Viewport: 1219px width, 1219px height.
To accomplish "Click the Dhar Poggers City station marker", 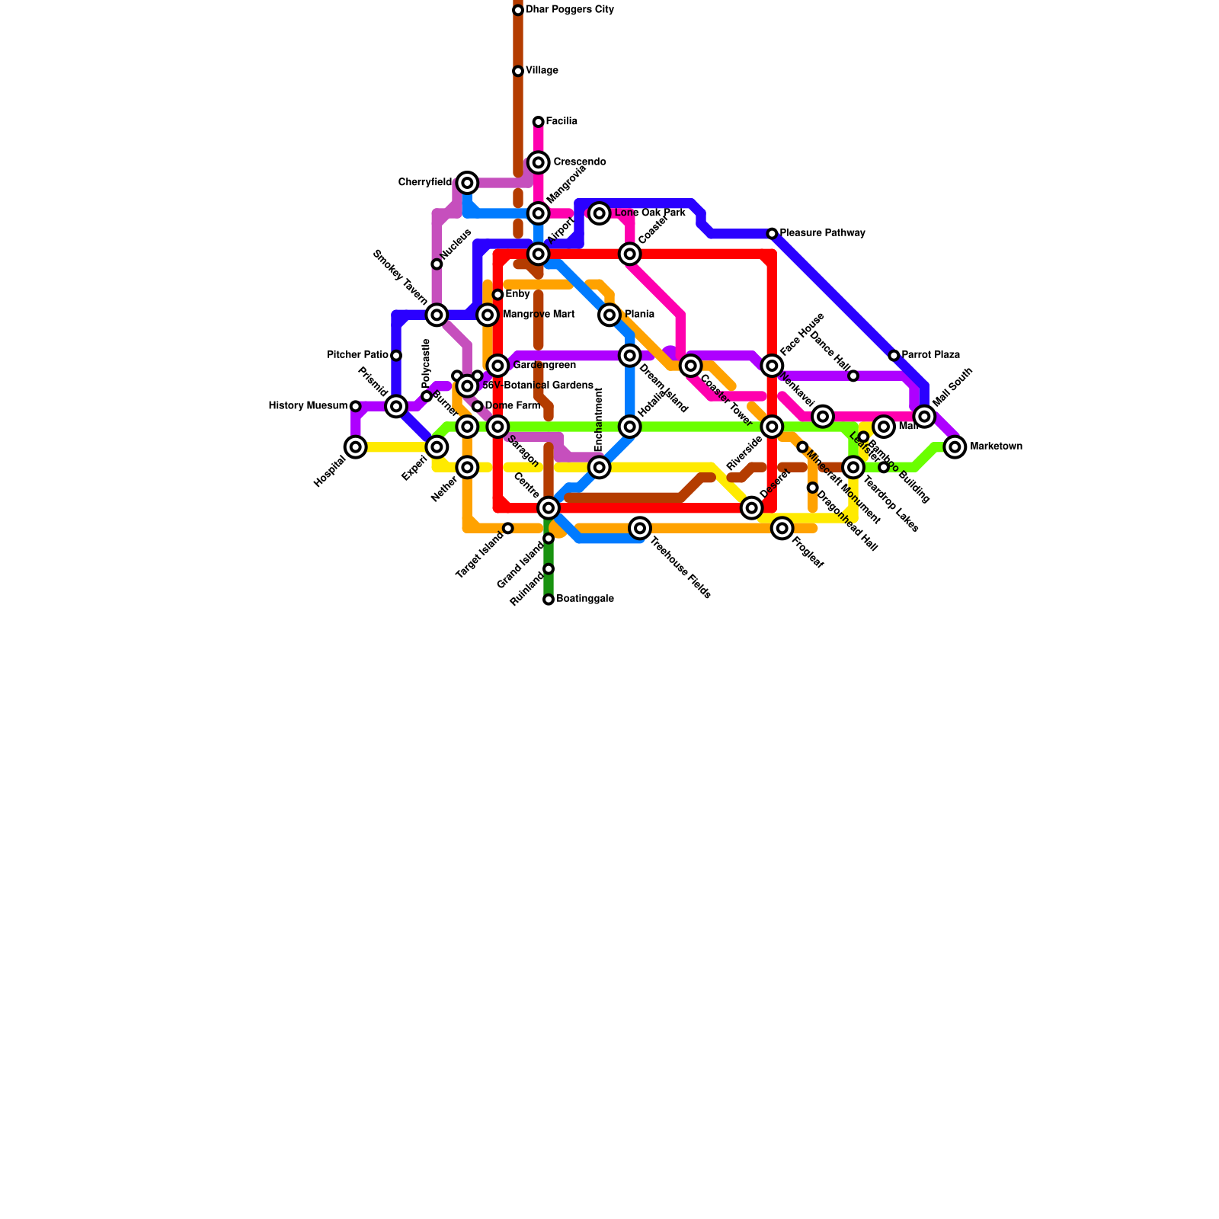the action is (x=518, y=10).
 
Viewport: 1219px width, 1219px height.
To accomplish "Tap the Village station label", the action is (x=542, y=71).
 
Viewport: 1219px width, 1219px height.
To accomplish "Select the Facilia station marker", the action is (x=539, y=122).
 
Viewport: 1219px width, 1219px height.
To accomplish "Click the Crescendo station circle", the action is (x=539, y=162).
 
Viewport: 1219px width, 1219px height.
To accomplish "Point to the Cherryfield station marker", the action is (x=468, y=183).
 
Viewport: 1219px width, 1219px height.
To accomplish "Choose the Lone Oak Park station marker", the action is (x=600, y=213).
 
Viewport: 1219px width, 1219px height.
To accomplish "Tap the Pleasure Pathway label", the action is (x=822, y=233).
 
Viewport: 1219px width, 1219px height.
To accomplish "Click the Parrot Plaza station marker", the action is (x=894, y=356).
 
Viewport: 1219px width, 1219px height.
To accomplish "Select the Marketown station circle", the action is (x=955, y=447).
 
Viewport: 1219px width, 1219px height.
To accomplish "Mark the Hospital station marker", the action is (x=356, y=447).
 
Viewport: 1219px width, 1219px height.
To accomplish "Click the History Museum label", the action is (x=308, y=406).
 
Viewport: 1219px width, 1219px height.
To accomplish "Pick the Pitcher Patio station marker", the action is (x=396, y=356).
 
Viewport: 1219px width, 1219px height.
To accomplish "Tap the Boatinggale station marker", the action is (x=549, y=600).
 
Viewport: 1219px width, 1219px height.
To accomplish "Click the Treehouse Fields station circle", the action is (x=641, y=528).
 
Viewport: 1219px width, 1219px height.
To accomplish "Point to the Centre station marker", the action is (x=549, y=507).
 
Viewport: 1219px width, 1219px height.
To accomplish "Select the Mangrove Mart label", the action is (x=539, y=315).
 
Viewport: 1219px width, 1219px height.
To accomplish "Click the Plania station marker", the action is (x=609, y=315).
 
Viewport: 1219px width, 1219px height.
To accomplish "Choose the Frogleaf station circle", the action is (x=782, y=528).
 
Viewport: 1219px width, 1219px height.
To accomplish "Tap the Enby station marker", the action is (x=498, y=295).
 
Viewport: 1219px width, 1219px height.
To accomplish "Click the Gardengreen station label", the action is (x=544, y=366).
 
